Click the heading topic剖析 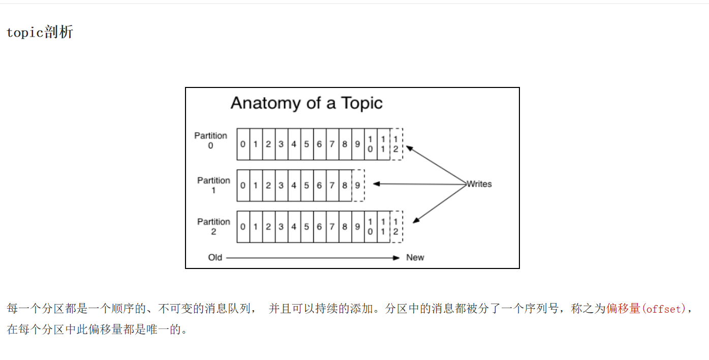tap(40, 33)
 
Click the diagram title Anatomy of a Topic tap(306, 103)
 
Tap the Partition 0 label tap(210, 140)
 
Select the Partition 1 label tap(213, 185)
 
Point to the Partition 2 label tap(213, 226)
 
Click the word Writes tap(479, 184)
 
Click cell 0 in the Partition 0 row tap(243, 144)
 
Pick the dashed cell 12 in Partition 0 tap(396, 144)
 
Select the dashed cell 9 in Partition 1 tap(358, 186)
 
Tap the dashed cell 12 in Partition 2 tap(396, 227)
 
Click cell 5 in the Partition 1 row tap(306, 186)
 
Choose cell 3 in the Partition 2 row tap(281, 227)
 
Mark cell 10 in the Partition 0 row tap(371, 144)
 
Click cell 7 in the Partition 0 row tap(332, 144)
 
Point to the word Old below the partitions tap(215, 257)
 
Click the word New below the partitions tap(415, 257)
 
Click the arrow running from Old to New tap(313, 258)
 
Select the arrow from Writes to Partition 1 tap(419, 184)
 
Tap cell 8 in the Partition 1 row tap(345, 186)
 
